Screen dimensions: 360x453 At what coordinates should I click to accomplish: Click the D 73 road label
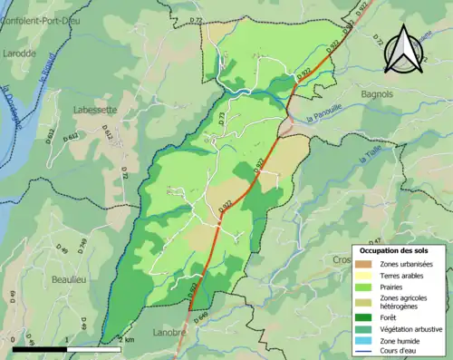220,118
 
